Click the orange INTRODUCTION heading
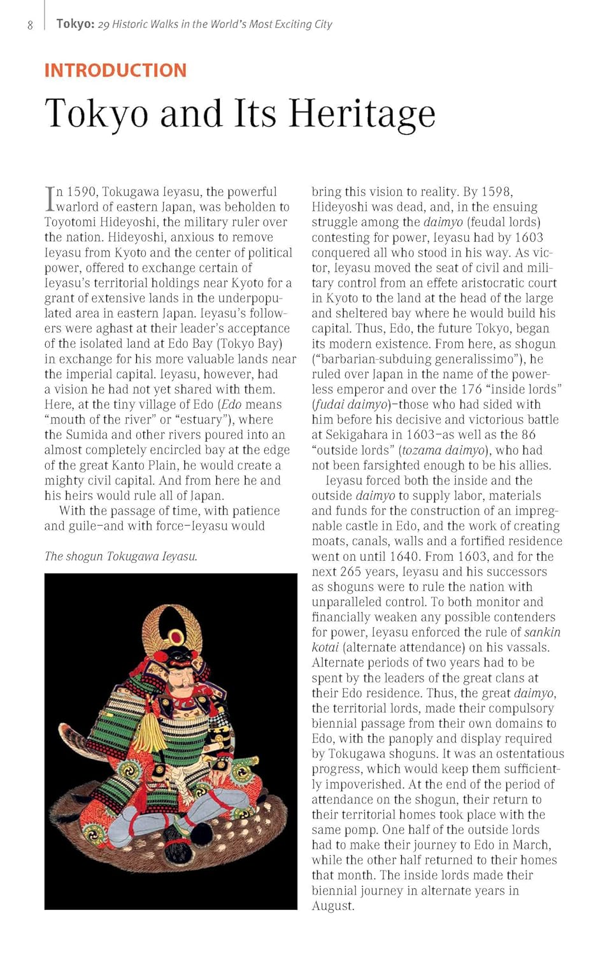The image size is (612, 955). click(115, 70)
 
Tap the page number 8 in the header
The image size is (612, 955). click(30, 25)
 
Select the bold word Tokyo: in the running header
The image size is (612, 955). click(75, 24)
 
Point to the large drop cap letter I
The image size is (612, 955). click(50, 199)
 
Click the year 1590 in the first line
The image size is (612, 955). click(82, 192)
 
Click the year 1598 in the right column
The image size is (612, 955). click(496, 192)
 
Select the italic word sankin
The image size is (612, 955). click(542, 632)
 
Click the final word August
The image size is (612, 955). click(332, 906)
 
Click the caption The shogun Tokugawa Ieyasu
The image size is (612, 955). click(121, 556)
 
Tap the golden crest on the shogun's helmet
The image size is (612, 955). click(172, 627)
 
